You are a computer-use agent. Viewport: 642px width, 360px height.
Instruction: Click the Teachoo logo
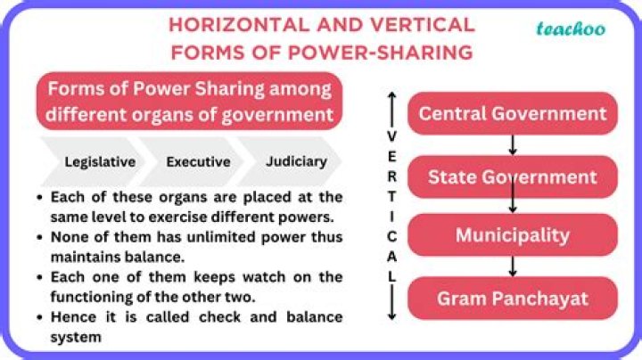pyautogui.click(x=570, y=29)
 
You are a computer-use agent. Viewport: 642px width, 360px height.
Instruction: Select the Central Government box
pyautogui.click(x=512, y=113)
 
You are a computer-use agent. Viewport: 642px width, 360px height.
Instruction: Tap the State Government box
pyautogui.click(x=512, y=176)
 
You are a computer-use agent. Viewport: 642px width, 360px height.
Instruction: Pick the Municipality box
pyautogui.click(x=512, y=235)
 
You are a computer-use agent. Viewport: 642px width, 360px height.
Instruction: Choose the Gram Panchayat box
pyautogui.click(x=512, y=298)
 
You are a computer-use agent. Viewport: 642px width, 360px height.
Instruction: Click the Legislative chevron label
pyautogui.click(x=100, y=162)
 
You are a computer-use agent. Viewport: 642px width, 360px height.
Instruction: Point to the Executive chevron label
pyautogui.click(x=198, y=162)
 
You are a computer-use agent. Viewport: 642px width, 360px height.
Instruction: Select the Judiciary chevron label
pyautogui.click(x=295, y=162)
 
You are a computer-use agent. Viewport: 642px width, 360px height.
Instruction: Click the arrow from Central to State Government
pyautogui.click(x=513, y=145)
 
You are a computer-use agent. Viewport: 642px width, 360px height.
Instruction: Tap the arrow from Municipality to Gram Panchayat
pyautogui.click(x=513, y=266)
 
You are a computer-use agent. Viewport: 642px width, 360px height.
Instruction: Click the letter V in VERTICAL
pyautogui.click(x=391, y=136)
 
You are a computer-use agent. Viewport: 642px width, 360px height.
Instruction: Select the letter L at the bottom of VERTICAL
pyautogui.click(x=391, y=276)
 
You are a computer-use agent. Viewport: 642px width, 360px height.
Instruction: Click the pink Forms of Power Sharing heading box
pyautogui.click(x=189, y=102)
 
